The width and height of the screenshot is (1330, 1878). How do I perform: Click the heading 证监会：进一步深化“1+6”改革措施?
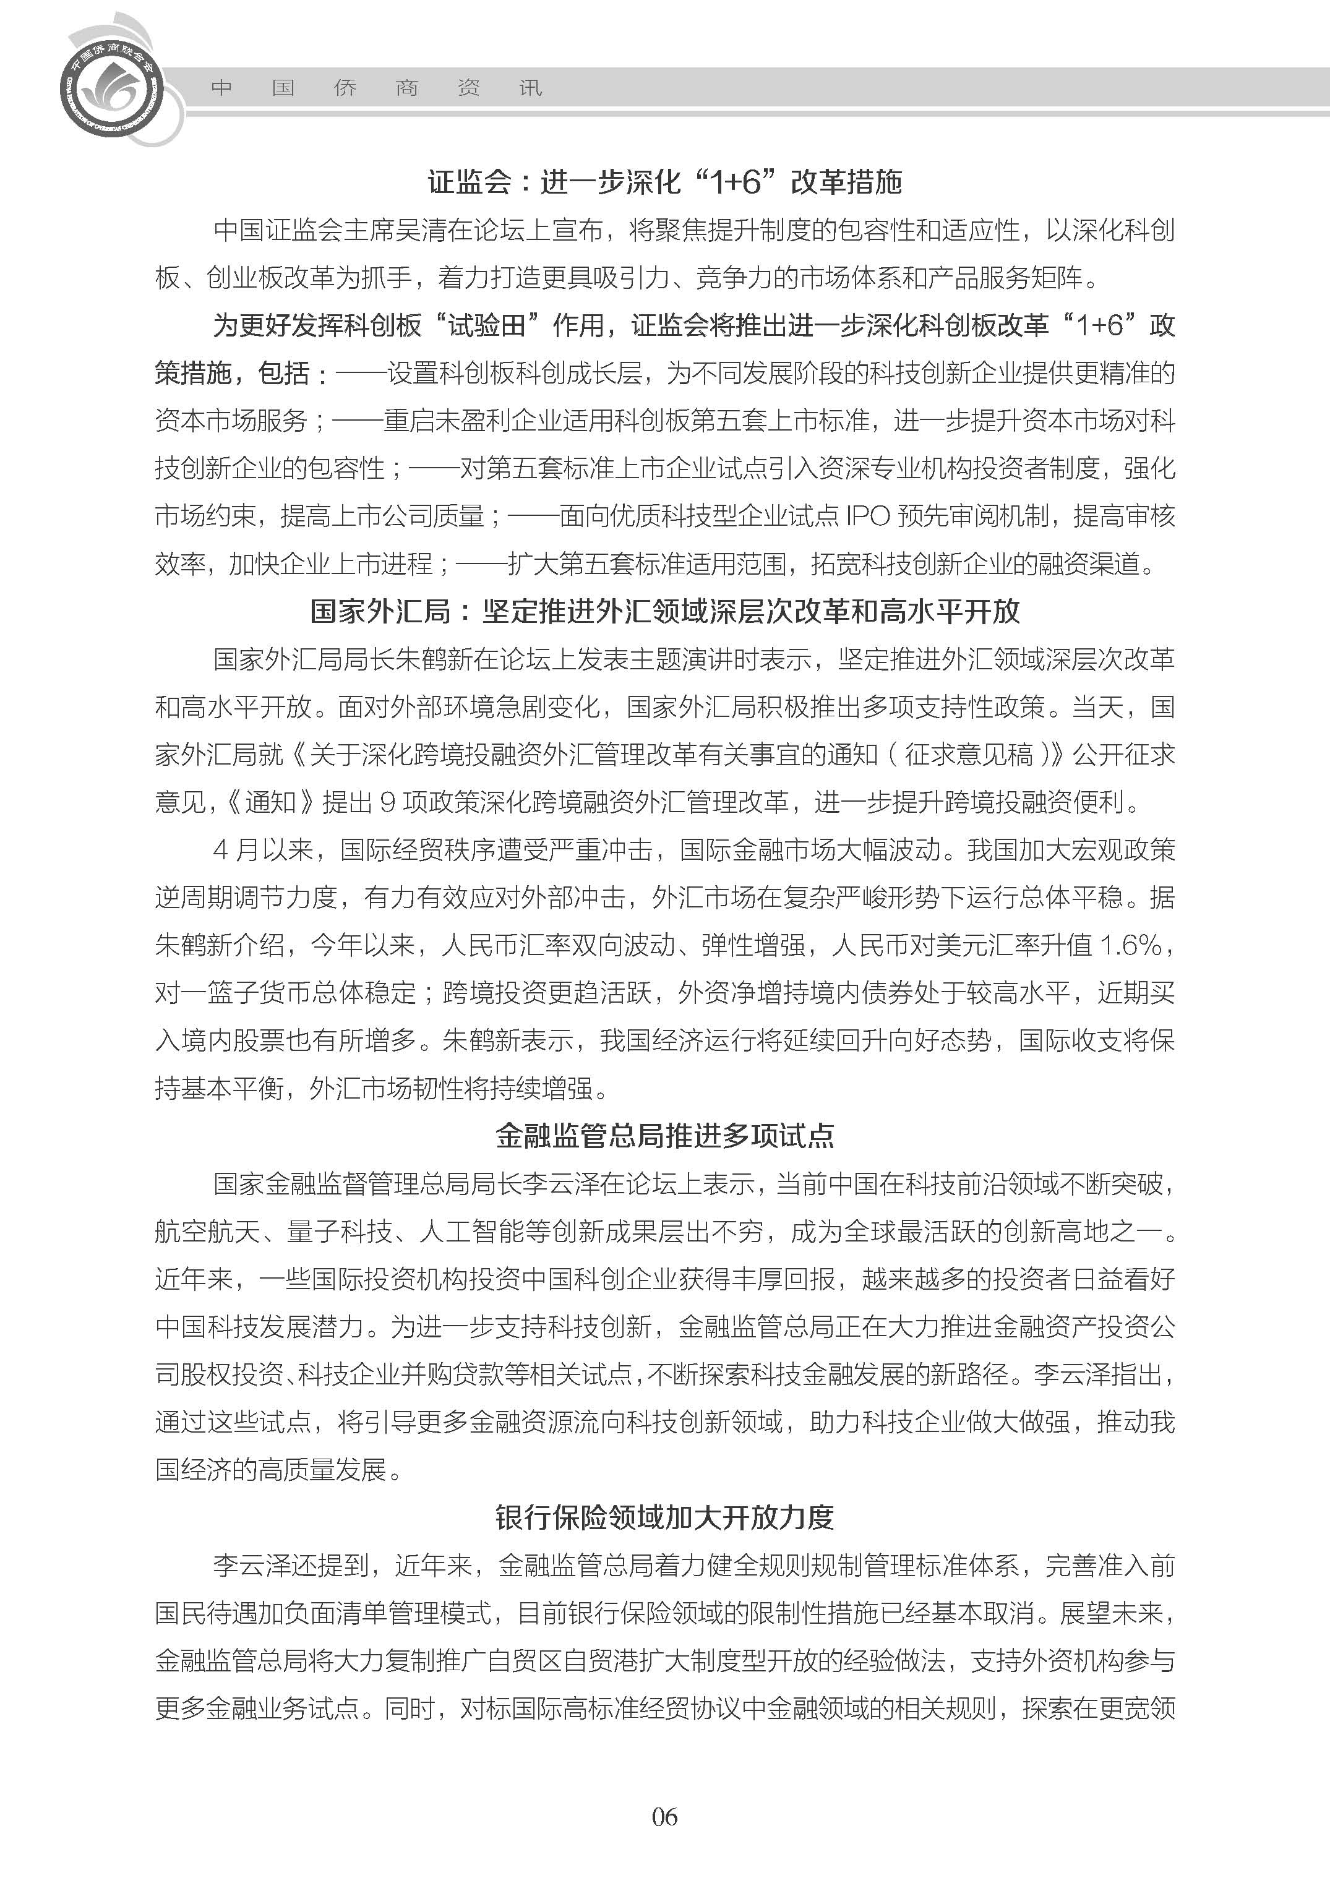tap(664, 182)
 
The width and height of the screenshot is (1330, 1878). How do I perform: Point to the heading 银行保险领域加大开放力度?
tap(664, 1517)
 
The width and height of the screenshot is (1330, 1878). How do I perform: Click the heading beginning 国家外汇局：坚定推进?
tap(664, 611)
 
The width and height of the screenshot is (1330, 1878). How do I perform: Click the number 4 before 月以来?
tap(220, 850)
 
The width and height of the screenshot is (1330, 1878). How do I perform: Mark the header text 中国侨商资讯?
tap(377, 88)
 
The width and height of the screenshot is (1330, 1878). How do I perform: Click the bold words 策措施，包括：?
tap(242, 374)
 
